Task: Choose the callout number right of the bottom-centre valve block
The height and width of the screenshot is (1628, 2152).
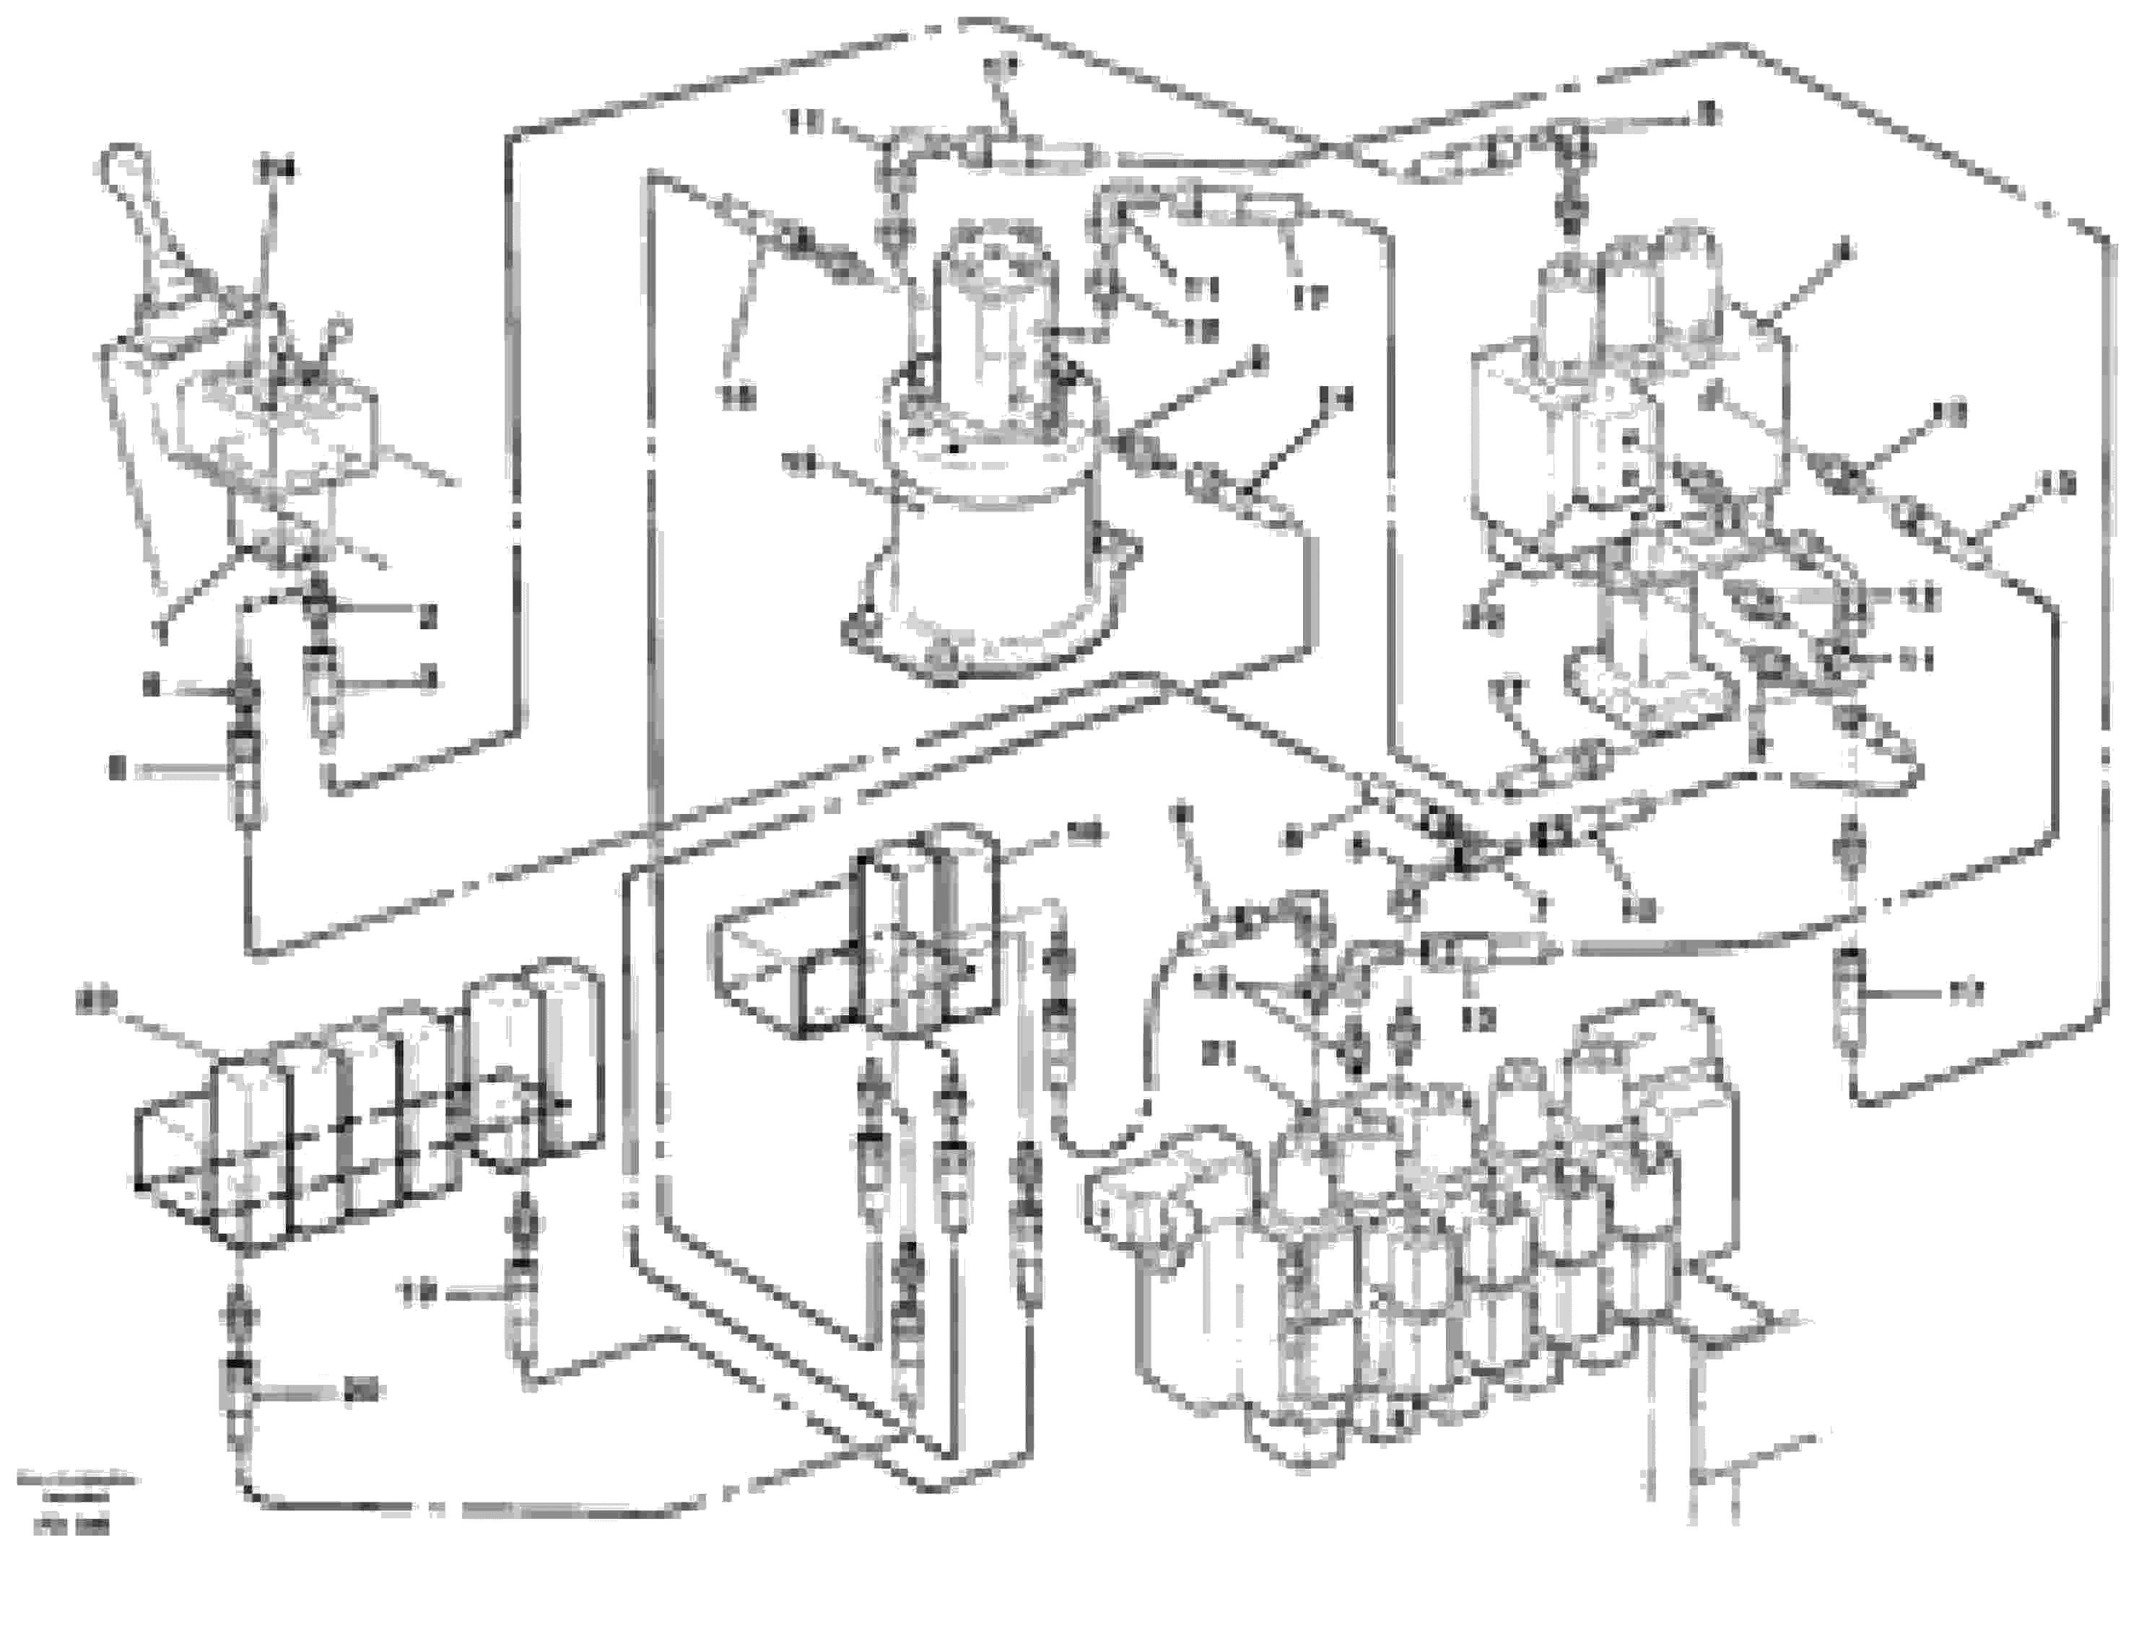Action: [1083, 831]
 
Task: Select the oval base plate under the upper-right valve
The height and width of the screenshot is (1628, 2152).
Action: [1645, 696]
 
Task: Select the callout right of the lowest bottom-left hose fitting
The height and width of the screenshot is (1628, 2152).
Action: [362, 1392]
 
